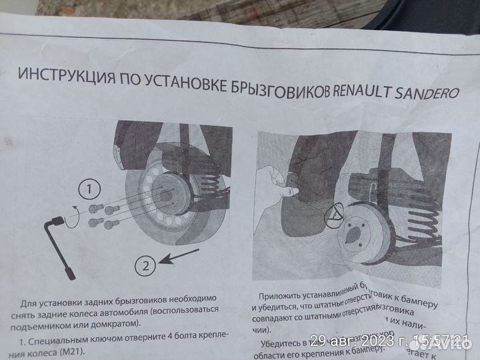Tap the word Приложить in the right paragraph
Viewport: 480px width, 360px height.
pos(283,298)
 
